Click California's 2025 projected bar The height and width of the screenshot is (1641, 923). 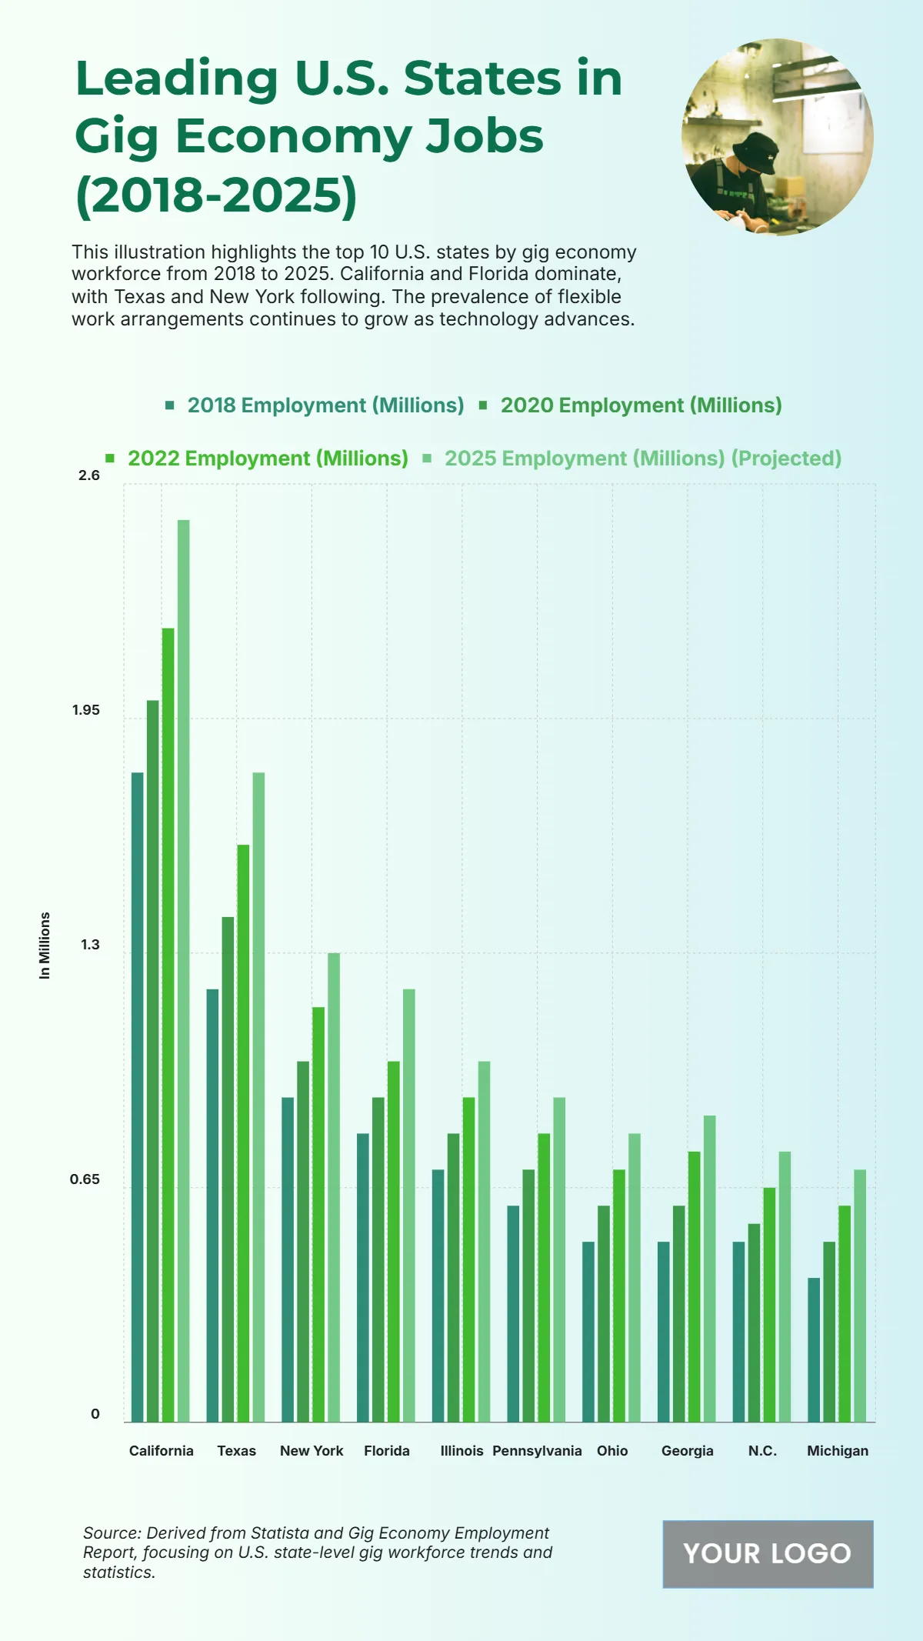(183, 969)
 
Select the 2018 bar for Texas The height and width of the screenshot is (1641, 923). (212, 1205)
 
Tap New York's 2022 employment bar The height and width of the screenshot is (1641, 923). (318, 1214)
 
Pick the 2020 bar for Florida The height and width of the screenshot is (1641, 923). (378, 1259)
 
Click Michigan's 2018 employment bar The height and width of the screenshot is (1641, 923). (814, 1349)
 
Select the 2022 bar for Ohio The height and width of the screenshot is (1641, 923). (619, 1295)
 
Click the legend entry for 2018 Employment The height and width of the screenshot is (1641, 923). (315, 405)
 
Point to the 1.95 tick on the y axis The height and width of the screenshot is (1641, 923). (86, 710)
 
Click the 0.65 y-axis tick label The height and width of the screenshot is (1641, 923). (85, 1179)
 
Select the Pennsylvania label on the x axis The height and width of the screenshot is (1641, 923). (537, 1450)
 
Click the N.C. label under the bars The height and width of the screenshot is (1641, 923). (762, 1450)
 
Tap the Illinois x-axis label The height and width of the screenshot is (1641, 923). (461, 1450)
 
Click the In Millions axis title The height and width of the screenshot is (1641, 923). (45, 946)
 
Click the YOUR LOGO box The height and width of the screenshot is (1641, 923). (768, 1553)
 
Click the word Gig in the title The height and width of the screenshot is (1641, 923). (116, 136)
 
